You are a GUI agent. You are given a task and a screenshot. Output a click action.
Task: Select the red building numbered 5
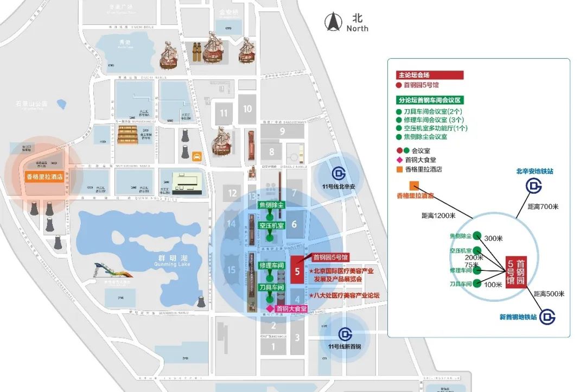(297, 269)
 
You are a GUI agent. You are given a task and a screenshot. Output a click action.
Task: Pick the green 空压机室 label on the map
(271, 225)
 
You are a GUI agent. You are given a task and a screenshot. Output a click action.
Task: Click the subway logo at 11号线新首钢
(345, 334)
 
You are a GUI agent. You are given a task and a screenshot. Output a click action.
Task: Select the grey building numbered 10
(247, 109)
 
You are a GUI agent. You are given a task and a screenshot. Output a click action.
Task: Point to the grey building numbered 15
(232, 270)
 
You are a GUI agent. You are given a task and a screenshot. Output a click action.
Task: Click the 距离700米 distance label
(543, 207)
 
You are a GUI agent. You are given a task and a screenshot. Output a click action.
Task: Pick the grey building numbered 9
(282, 130)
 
